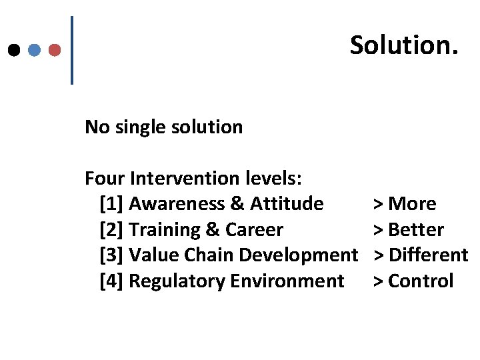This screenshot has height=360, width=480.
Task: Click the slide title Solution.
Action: [404, 45]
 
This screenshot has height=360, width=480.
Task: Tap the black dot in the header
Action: [13, 50]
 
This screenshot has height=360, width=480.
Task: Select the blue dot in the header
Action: [35, 50]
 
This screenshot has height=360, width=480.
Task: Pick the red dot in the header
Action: [55, 50]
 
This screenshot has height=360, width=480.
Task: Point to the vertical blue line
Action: [72, 50]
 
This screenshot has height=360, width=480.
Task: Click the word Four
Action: [105, 179]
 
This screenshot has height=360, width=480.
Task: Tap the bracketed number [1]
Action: [111, 204]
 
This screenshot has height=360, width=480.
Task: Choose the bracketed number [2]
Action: [111, 230]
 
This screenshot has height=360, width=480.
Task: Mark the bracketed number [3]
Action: [111, 255]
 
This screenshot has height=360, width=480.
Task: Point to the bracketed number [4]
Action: [111, 281]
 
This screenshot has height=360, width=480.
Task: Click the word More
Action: [411, 204]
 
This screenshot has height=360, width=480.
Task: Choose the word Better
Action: [415, 230]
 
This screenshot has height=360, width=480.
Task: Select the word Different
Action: [428, 255]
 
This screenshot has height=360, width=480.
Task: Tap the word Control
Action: [420, 281]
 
